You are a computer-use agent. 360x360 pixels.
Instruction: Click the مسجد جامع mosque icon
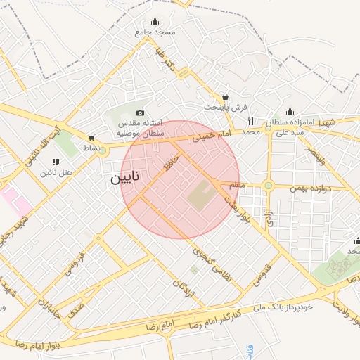[155, 21]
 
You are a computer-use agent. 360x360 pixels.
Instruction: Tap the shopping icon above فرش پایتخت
[225, 96]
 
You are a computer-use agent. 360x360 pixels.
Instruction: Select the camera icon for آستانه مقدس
[140, 113]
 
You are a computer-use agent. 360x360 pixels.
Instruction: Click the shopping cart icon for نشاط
[91, 138]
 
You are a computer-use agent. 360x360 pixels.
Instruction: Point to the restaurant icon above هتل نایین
[56, 162]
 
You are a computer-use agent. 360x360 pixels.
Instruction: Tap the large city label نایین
[124, 179]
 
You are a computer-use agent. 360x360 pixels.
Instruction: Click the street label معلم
[238, 185]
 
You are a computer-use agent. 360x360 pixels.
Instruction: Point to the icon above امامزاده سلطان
[290, 111]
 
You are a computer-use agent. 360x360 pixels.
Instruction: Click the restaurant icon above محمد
[250, 120]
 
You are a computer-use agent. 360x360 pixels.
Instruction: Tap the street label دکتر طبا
[167, 60]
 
